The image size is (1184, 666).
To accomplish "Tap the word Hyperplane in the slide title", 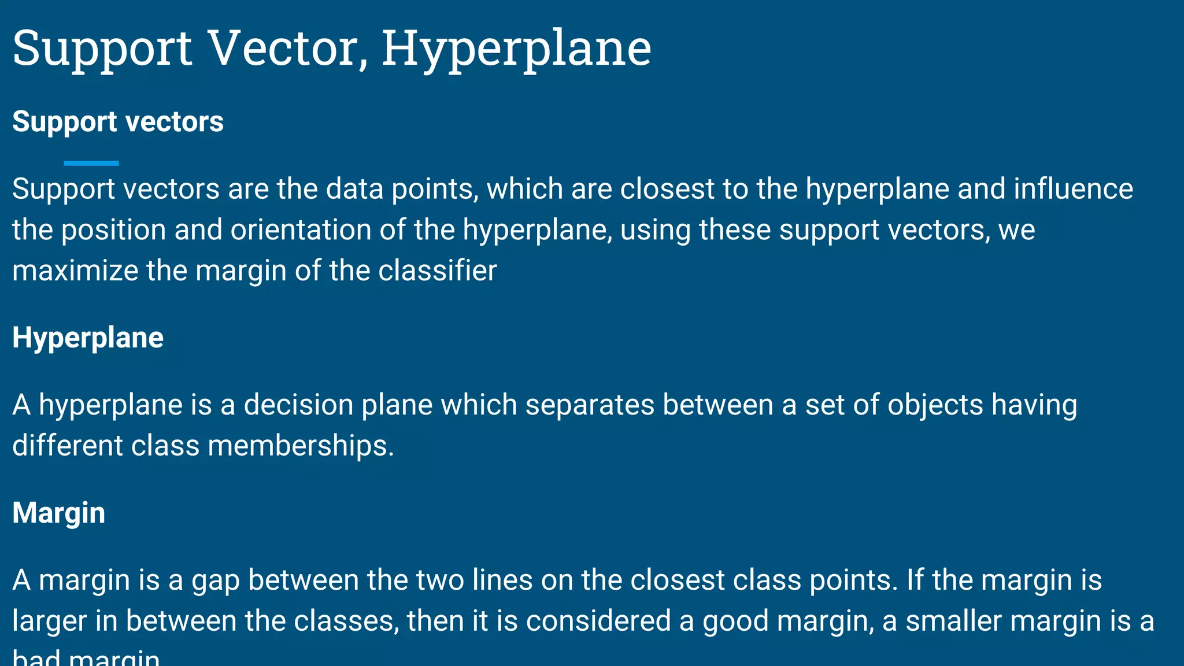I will [x=516, y=50].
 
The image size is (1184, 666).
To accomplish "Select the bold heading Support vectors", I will [x=118, y=122].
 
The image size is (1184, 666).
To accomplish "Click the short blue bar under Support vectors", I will [x=91, y=163].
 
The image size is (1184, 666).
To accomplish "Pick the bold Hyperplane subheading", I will [x=88, y=338].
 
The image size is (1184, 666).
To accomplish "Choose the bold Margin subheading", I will [x=59, y=513].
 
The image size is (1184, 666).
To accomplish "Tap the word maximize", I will [x=75, y=271].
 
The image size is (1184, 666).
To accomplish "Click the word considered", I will [x=598, y=621].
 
